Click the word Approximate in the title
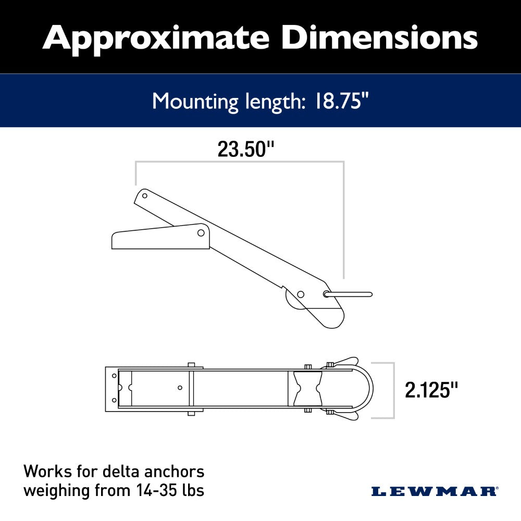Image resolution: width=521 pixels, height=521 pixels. pos(156,38)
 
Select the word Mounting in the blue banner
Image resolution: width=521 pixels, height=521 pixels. pos(195,101)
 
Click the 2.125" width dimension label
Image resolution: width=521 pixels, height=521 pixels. pos(432,390)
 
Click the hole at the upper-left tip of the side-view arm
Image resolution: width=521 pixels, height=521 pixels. pos(145,196)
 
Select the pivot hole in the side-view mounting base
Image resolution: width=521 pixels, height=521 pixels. pos(201,232)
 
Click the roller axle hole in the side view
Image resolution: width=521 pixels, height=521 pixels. pos(301,295)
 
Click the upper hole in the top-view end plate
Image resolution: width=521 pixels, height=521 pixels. pos(115,375)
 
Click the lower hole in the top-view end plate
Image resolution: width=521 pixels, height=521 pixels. pos(115,401)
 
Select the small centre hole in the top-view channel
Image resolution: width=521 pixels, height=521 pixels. pos(180,388)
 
